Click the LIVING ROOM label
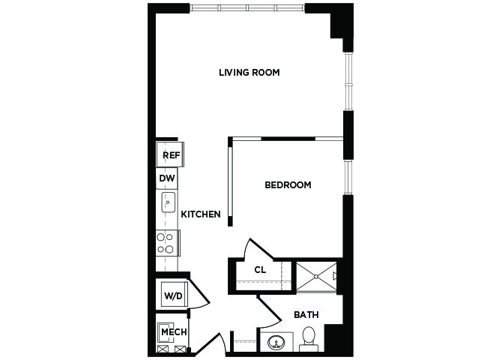[249, 73]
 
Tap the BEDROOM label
[288, 185]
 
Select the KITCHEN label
[201, 214]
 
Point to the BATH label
[306, 315]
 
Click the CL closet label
[260, 270]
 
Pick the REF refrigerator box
[170, 154]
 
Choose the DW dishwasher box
[167, 178]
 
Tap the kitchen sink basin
[168, 202]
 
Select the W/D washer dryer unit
[173, 294]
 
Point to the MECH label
[174, 332]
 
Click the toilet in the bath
[309, 339]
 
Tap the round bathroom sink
[276, 342]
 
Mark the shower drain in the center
[316, 276]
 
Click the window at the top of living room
[247, 7]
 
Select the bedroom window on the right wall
[348, 177]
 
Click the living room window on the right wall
[348, 82]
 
